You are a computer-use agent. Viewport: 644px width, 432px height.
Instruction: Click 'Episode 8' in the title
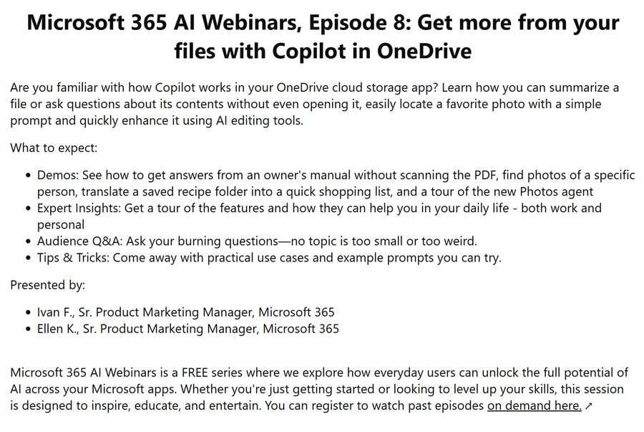pyautogui.click(x=360, y=23)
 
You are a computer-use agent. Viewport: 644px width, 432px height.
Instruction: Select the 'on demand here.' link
pyautogui.click(x=535, y=405)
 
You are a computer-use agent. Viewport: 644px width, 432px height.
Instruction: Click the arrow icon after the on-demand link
pyautogui.click(x=589, y=406)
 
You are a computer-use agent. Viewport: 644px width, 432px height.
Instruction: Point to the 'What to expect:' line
pyautogui.click(x=54, y=148)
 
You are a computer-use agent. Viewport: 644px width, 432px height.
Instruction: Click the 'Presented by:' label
pyautogui.click(x=48, y=285)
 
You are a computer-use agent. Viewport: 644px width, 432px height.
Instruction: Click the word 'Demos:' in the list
pyautogui.click(x=58, y=175)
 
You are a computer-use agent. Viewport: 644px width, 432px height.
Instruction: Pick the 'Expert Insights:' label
pyautogui.click(x=79, y=208)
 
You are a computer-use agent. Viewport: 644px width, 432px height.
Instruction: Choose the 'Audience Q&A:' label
pyautogui.click(x=80, y=241)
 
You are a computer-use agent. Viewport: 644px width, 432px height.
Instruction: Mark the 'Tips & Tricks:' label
pyautogui.click(x=74, y=258)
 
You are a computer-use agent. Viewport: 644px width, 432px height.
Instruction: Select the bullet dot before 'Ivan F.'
pyautogui.click(x=28, y=313)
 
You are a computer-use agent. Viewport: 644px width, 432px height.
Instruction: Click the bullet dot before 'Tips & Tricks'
pyautogui.click(x=28, y=258)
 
